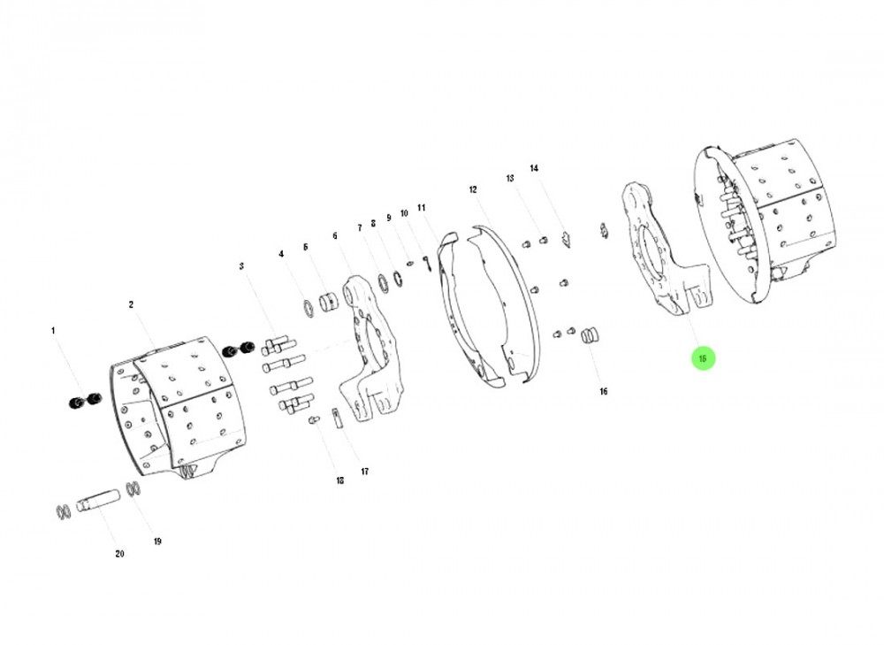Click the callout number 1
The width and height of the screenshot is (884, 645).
(x=53, y=331)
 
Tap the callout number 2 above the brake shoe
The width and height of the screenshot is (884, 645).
(x=131, y=305)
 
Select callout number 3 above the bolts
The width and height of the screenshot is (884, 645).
(x=240, y=266)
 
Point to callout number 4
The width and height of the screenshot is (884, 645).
(x=281, y=254)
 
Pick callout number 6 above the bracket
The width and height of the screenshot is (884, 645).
(x=335, y=236)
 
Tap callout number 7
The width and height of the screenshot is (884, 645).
(x=360, y=228)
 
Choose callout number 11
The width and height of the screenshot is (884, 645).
(x=422, y=208)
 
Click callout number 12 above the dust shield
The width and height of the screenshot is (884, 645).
(x=473, y=190)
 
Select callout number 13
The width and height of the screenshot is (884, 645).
(x=510, y=179)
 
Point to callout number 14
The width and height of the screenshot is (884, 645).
(x=534, y=168)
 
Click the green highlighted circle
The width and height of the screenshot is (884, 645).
(x=703, y=358)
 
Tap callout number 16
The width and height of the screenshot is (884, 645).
(x=604, y=391)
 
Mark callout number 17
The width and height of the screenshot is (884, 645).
(x=364, y=472)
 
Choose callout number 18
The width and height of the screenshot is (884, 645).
(x=339, y=480)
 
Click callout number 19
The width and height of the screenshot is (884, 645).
(x=157, y=541)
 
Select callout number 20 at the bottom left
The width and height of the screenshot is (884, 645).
(x=119, y=554)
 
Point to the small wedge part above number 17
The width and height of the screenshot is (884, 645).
(x=337, y=418)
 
